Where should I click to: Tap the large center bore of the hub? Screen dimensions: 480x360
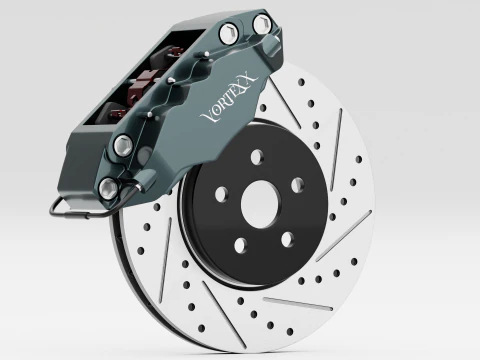pyautogui.click(x=261, y=205)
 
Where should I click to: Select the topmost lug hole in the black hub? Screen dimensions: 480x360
pyautogui.click(x=257, y=157)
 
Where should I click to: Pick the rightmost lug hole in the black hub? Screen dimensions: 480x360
pyautogui.click(x=298, y=185)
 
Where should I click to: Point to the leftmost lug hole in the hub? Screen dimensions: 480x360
pyautogui.click(x=222, y=195)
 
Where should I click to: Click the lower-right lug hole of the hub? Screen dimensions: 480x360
pyautogui.click(x=287, y=240)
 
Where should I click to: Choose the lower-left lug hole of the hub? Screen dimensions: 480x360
pyautogui.click(x=241, y=246)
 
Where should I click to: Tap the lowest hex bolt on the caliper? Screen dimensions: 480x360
pyautogui.click(x=109, y=188)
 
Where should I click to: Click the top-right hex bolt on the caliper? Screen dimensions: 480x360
pyautogui.click(x=261, y=24)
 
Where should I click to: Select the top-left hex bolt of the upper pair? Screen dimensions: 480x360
pyautogui.click(x=229, y=33)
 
